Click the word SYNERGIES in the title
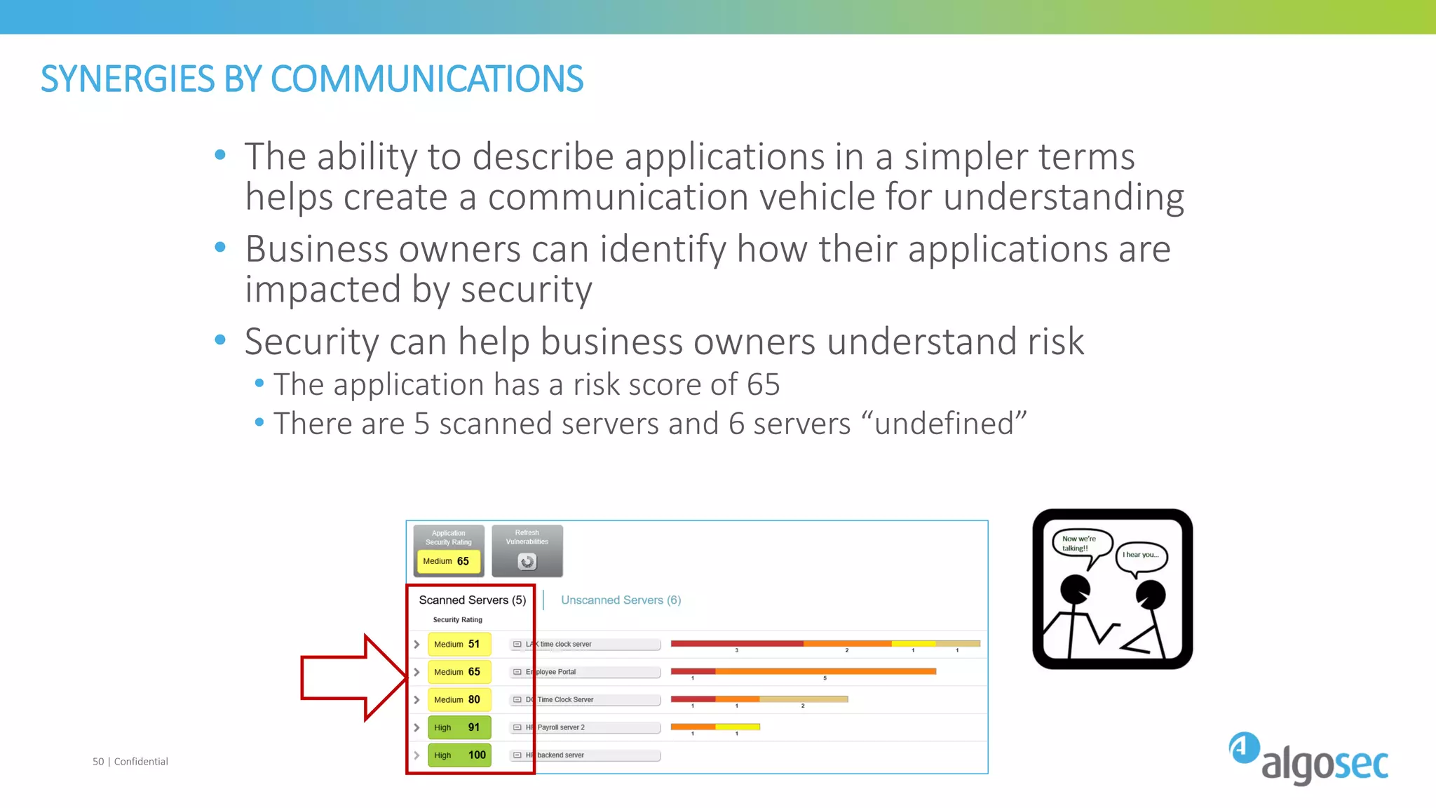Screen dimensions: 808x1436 pyautogui.click(x=127, y=79)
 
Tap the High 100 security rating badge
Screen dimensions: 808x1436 pyautogui.click(x=459, y=755)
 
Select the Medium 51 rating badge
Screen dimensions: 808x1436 pyautogui.click(x=459, y=644)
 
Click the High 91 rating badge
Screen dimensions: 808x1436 pyautogui.click(x=459, y=727)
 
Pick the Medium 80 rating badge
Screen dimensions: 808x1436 pyautogui.click(x=459, y=699)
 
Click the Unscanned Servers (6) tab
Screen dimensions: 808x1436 pyautogui.click(x=621, y=600)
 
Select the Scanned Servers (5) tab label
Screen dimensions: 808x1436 pyautogui.click(x=472, y=600)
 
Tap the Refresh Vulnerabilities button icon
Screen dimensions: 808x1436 pyautogui.click(x=527, y=561)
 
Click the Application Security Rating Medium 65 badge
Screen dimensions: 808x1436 pyautogui.click(x=447, y=561)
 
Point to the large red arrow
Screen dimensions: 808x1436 pyautogui.click(x=351, y=678)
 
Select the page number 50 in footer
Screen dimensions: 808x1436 pyautogui.click(x=98, y=762)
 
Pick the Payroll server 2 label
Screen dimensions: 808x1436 pyautogui.click(x=560, y=727)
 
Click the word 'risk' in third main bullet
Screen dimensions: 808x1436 pyautogui.click(x=1055, y=342)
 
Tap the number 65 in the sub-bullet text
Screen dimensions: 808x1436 pyautogui.click(x=763, y=385)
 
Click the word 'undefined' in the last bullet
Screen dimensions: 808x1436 pyautogui.click(x=943, y=424)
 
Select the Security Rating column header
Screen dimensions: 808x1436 pyautogui.click(x=457, y=620)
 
